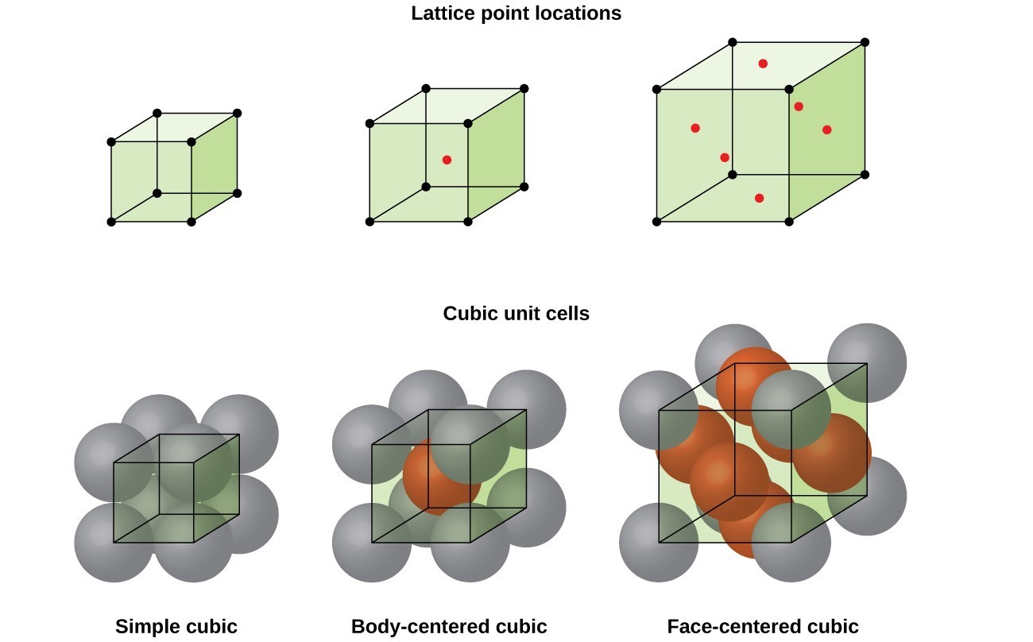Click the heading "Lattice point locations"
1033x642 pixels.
pos(516,14)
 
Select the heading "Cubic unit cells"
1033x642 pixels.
pos(516,313)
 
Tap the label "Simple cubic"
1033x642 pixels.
pos(176,626)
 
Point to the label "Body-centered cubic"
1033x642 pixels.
pos(449,626)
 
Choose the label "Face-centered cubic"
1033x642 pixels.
pos(763,626)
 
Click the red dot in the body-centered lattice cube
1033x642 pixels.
pos(447,160)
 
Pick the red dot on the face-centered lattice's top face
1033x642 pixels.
pos(763,64)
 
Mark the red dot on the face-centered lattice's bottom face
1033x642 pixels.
pos(759,198)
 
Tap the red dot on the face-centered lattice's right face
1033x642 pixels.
pos(826,130)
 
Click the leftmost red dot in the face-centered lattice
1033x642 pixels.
pos(695,128)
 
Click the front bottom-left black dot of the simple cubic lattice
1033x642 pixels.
pos(111,222)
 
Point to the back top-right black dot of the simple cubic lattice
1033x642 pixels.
pos(237,114)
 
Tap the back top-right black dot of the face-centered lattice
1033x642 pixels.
pos(865,42)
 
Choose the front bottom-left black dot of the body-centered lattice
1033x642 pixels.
pos(369,222)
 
